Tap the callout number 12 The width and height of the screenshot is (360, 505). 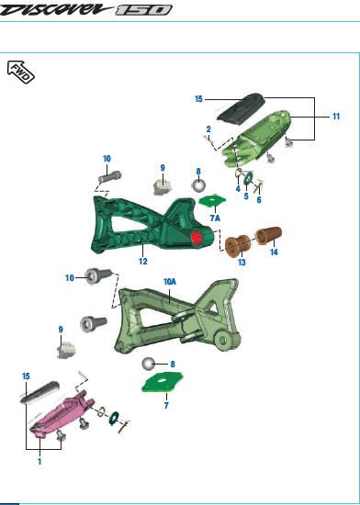(143, 262)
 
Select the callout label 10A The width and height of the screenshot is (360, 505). (170, 282)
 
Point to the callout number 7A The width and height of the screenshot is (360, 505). (215, 219)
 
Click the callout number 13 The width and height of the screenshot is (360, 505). (242, 262)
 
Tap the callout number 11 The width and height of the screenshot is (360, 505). (336, 117)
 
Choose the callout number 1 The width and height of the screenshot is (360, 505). (40, 462)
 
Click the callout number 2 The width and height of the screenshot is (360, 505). (209, 129)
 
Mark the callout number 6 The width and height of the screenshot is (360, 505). (258, 199)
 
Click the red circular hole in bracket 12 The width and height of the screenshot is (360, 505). (196, 238)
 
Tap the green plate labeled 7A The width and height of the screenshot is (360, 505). (211, 201)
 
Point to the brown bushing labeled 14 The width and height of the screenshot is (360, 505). (269, 235)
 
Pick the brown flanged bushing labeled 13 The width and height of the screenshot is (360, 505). (238, 245)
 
